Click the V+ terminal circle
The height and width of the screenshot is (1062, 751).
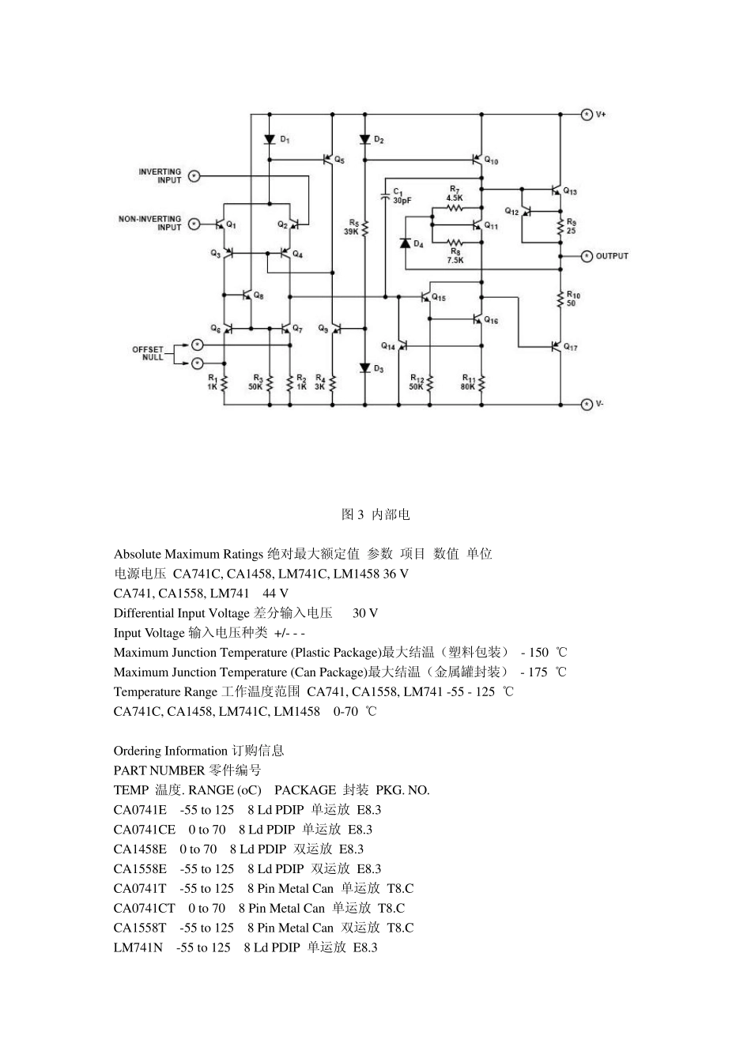pyautogui.click(x=587, y=114)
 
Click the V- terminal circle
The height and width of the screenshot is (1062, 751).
pyautogui.click(x=587, y=405)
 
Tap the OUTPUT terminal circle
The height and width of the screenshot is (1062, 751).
pyautogui.click(x=587, y=256)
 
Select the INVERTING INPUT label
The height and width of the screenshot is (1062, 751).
pyautogui.click(x=160, y=175)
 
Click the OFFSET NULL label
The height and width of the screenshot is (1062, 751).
pyautogui.click(x=148, y=353)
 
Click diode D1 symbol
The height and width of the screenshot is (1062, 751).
pyautogui.click(x=269, y=138)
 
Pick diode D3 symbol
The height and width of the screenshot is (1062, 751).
pyautogui.click(x=364, y=368)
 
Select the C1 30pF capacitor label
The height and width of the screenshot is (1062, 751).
pyautogui.click(x=402, y=197)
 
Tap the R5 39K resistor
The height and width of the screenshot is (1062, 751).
pyautogui.click(x=364, y=228)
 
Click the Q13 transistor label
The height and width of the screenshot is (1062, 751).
pyautogui.click(x=570, y=192)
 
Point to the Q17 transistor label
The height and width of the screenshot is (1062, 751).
pyautogui.click(x=570, y=348)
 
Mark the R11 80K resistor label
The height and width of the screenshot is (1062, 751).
pyautogui.click(x=468, y=382)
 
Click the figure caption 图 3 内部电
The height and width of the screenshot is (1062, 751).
pyautogui.click(x=375, y=514)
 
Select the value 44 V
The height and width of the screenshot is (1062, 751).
pyautogui.click(x=275, y=593)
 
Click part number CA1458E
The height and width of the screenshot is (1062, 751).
pyautogui.click(x=140, y=849)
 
